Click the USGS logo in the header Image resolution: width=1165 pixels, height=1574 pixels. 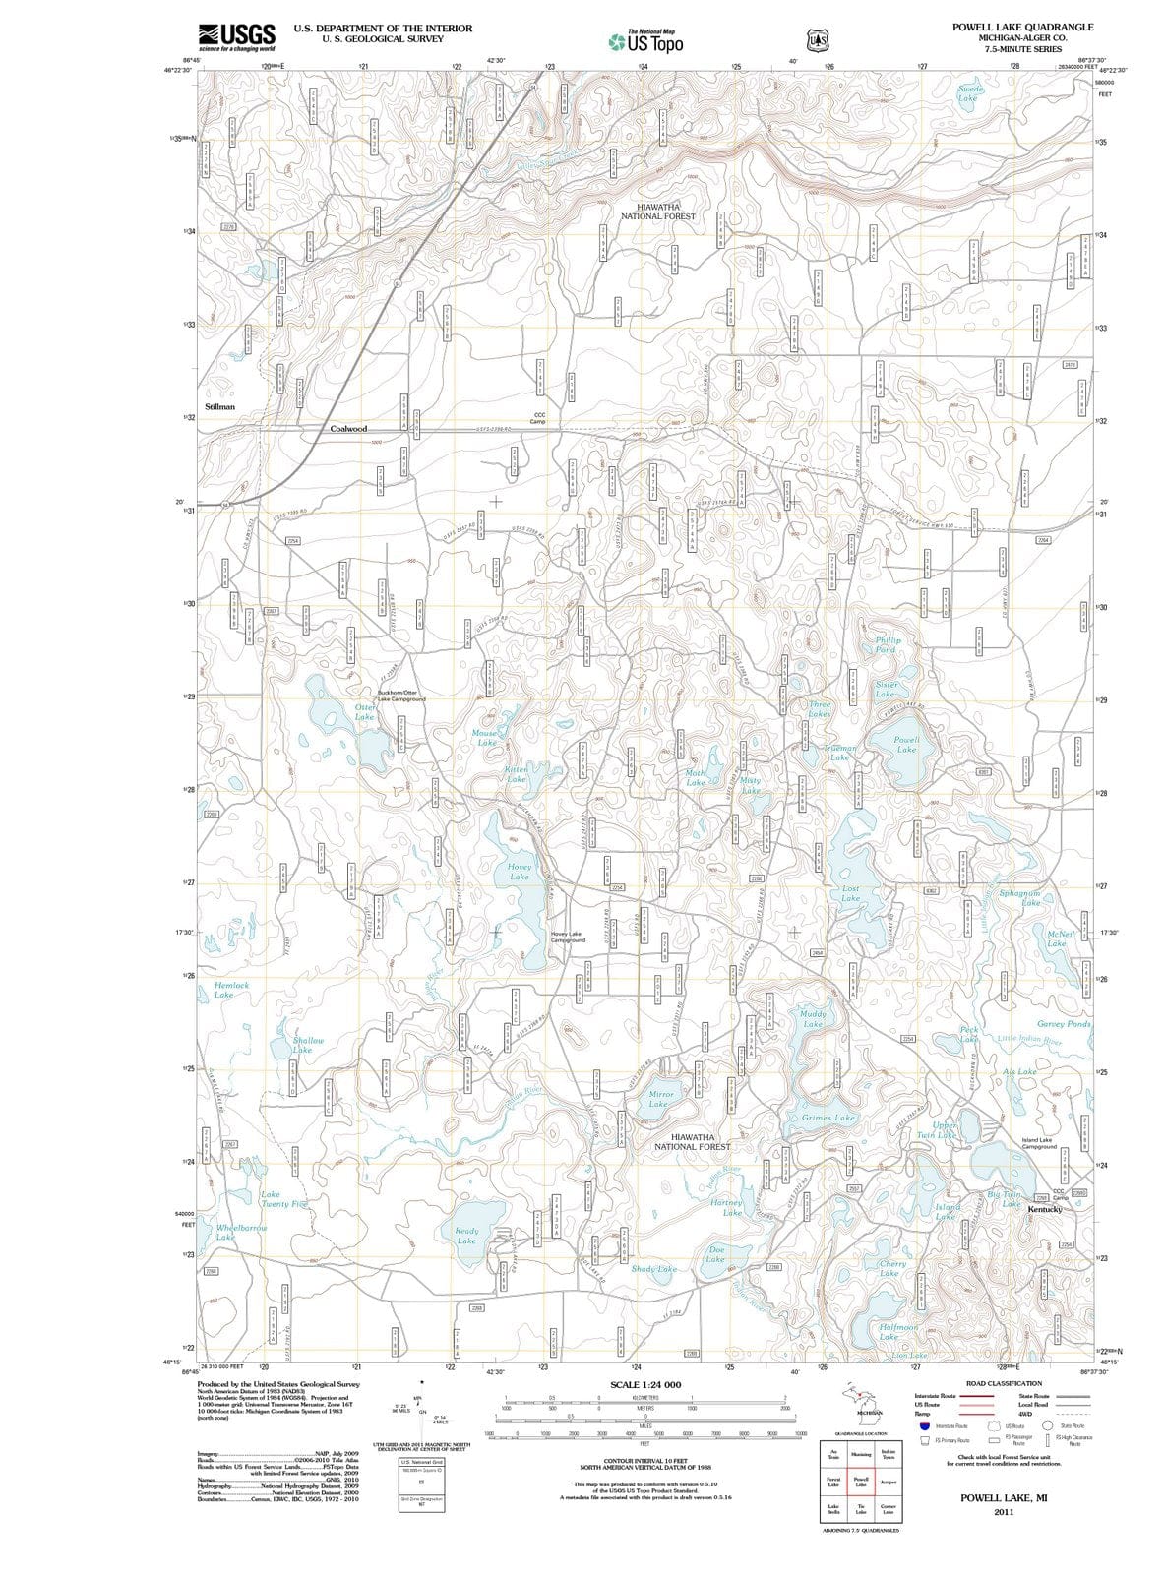236,37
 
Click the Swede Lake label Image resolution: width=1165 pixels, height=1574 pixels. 968,94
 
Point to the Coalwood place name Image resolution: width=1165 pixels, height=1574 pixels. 348,429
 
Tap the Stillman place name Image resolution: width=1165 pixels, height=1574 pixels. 219,406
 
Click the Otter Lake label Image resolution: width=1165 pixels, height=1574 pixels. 364,712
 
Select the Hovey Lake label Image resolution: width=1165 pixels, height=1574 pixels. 519,872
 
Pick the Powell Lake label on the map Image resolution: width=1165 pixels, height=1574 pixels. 906,745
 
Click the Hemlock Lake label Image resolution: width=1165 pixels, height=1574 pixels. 231,990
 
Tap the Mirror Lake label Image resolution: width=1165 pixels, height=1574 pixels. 660,1099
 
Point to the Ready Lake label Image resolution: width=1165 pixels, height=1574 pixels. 466,1236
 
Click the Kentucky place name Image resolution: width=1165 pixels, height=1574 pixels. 1044,1209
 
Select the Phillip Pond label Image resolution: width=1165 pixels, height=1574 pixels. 888,645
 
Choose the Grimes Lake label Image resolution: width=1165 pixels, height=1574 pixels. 828,1119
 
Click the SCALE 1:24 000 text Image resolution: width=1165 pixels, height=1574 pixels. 645,1385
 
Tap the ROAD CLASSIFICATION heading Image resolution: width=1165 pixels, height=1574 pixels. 1004,1383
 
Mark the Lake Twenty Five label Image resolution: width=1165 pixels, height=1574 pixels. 283,1199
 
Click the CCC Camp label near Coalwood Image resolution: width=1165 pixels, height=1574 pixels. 539,418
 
